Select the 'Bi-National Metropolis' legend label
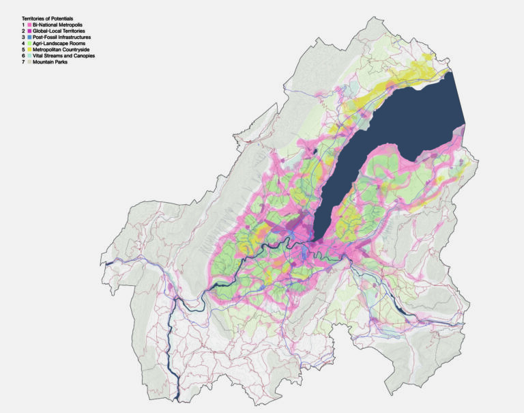[x=59, y=25]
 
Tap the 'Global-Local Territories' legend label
[x=61, y=31]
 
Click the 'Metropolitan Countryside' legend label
[x=63, y=49]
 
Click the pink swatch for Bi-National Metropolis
[x=29, y=25]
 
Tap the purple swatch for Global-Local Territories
[x=29, y=31]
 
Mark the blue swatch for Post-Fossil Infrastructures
[x=29, y=37]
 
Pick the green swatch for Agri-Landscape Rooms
[x=29, y=43]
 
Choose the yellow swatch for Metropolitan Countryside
[x=29, y=49]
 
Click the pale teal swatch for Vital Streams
[x=29, y=55]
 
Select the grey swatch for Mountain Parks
[x=29, y=61]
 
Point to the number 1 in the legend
[x=23, y=25]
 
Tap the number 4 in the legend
[x=23, y=43]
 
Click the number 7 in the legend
[x=23, y=61]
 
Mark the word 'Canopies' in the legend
[x=83, y=55]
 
